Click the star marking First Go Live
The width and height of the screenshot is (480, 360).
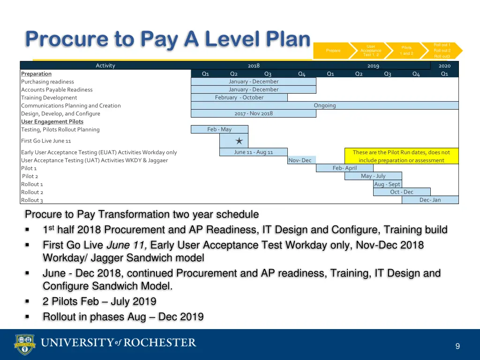pos(239,141)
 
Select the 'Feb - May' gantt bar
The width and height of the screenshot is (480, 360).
pos(219,129)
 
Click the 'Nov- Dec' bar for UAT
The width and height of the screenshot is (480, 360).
pos(300,160)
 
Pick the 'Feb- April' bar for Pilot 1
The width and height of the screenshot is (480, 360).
pos(345,168)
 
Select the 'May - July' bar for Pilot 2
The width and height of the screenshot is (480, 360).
pos(373,176)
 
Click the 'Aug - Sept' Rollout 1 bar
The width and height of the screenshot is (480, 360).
pos(387,184)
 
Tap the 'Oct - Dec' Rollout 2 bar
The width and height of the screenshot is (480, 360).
pos(402,192)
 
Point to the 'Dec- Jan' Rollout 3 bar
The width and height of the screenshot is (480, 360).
pos(430,200)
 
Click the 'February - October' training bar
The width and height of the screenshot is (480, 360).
pos(239,97)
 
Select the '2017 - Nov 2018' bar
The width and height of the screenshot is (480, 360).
pos(253,113)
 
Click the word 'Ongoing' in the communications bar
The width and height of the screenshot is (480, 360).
pos(324,105)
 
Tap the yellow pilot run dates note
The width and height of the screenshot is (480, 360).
pos(401,156)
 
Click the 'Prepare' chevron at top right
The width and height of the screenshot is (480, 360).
pos(333,51)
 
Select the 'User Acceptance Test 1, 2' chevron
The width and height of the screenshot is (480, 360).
pos(371,51)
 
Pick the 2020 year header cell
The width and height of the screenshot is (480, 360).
pos(444,66)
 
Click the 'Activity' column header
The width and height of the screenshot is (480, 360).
pos(105,66)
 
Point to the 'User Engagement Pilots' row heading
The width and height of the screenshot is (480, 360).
pos(52,121)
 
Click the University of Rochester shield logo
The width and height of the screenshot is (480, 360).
pos(25,344)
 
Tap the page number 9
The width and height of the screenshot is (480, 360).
pos(457,346)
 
